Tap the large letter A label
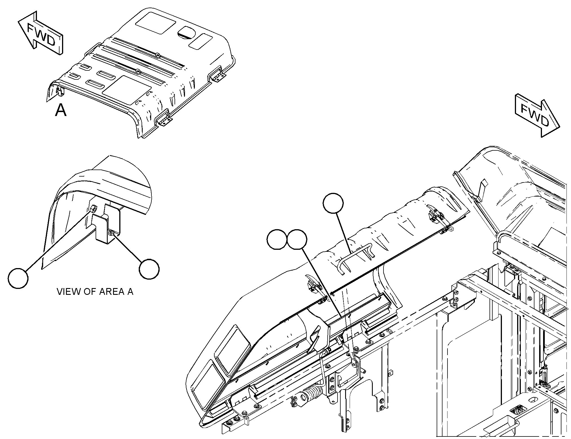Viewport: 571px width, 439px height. tap(61, 110)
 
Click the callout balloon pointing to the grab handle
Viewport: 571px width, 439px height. tap(333, 203)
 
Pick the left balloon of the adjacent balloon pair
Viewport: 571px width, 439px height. tap(277, 239)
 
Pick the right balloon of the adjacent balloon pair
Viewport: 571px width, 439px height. tap(297, 239)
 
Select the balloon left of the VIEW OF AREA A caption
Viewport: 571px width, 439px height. tap(18, 278)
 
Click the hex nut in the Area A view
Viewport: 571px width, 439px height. tap(94, 209)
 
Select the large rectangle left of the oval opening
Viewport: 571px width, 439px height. tap(156, 23)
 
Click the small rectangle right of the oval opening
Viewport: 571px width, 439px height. tap(200, 41)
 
